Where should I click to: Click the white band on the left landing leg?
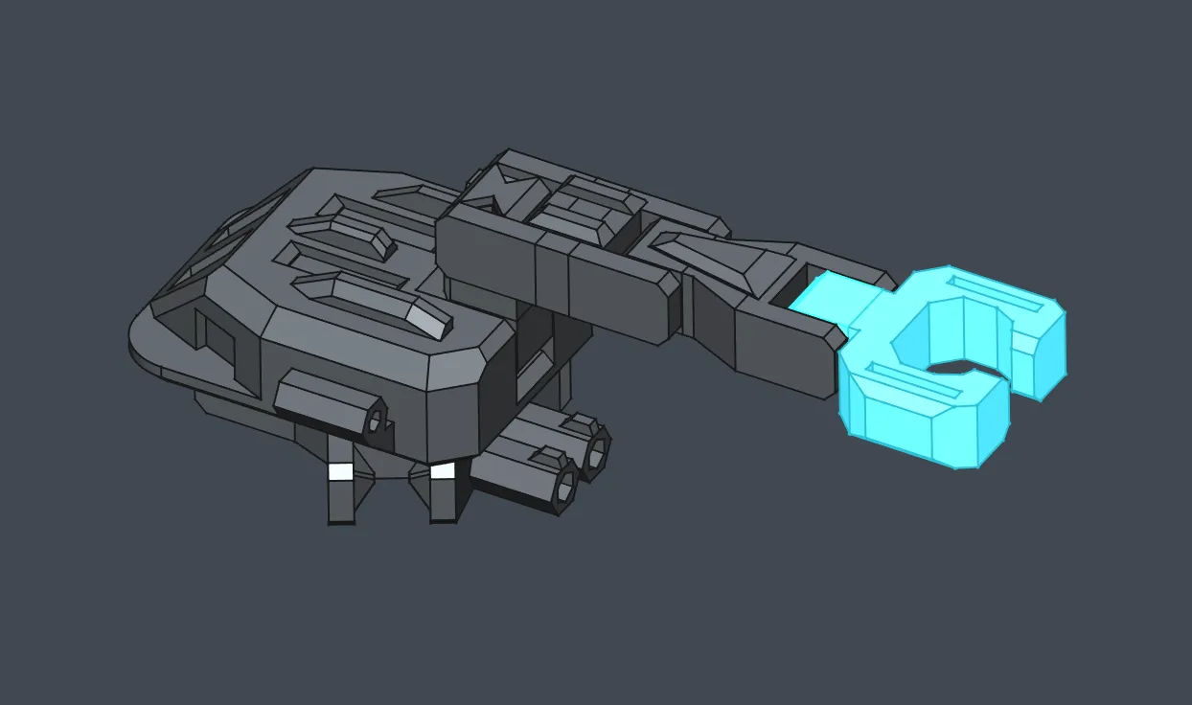coord(340,471)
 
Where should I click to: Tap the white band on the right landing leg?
coord(442,470)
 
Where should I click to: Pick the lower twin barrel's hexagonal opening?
coord(566,489)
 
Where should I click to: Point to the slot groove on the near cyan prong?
coord(914,383)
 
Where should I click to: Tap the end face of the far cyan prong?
coord(1044,354)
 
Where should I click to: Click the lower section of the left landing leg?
coord(340,502)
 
